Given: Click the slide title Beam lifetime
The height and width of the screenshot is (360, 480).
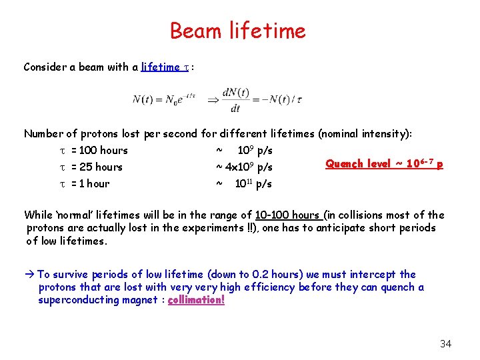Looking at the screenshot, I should point(237,31).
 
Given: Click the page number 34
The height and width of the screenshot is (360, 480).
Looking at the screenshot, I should point(445,344).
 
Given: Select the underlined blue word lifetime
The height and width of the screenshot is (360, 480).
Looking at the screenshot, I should point(161,67).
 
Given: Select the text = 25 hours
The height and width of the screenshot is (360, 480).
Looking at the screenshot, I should point(97,167).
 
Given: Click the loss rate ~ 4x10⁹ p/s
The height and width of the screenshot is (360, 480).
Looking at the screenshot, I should point(243,167).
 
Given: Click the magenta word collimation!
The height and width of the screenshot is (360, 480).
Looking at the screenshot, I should point(196,300).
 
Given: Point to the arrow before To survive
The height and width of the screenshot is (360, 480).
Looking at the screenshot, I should point(29,274).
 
